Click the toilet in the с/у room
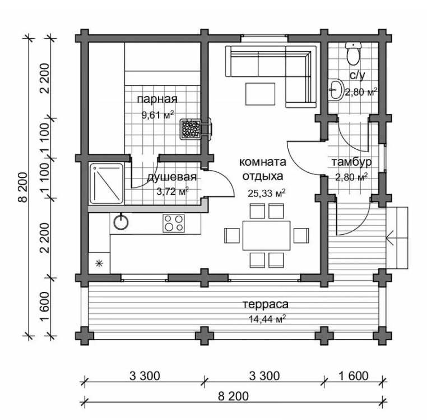(353, 53)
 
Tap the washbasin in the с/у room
(336, 89)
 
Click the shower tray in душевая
(106, 184)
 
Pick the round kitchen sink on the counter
(121, 222)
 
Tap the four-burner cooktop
(174, 223)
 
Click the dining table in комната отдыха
(267, 235)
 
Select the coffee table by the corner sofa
(261, 94)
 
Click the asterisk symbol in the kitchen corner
(99, 263)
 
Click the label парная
(157, 99)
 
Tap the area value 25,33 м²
(267, 193)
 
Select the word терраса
(266, 304)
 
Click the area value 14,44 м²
(267, 318)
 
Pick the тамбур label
(351, 162)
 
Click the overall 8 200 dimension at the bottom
(233, 396)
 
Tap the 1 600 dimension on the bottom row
(353, 376)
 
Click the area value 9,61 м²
(157, 115)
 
